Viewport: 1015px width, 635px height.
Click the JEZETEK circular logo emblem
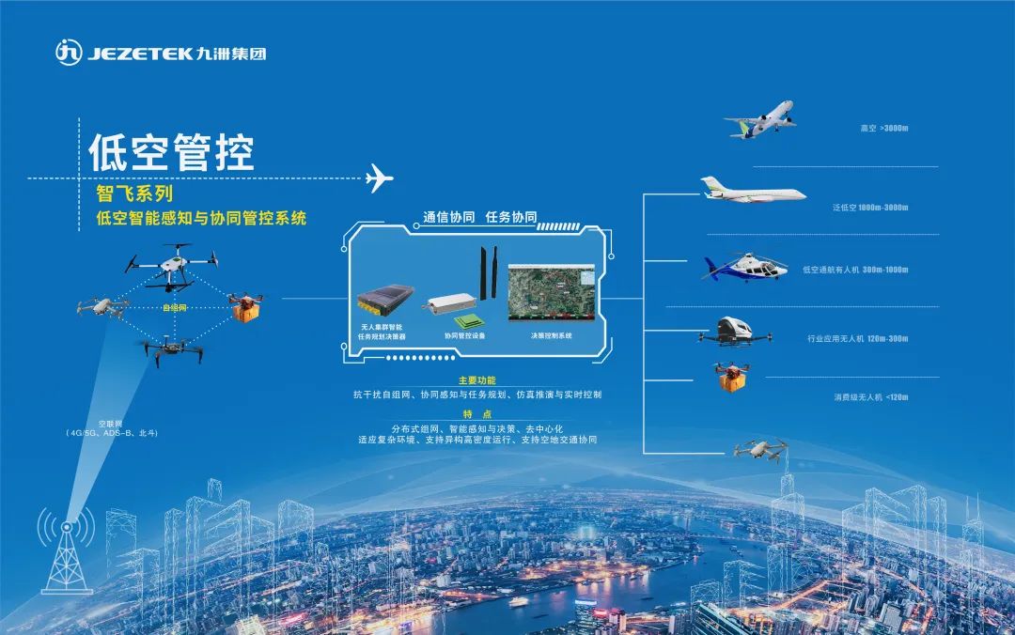pos(69,53)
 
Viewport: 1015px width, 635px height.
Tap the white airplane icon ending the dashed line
pos(378,178)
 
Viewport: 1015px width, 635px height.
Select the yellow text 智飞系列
pos(135,195)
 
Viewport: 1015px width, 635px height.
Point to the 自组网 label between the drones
pos(174,307)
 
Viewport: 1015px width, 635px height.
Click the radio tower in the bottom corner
pos(67,553)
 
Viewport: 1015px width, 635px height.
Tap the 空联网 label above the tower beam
pos(111,424)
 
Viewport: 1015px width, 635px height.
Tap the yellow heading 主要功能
pos(476,381)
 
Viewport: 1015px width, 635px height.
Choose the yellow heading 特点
pos(476,414)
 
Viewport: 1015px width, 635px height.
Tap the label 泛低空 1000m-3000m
pos(869,208)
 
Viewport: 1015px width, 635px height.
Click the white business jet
pos(752,191)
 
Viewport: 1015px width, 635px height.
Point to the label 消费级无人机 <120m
pos(871,397)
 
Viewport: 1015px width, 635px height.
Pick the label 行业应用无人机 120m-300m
pos(857,338)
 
